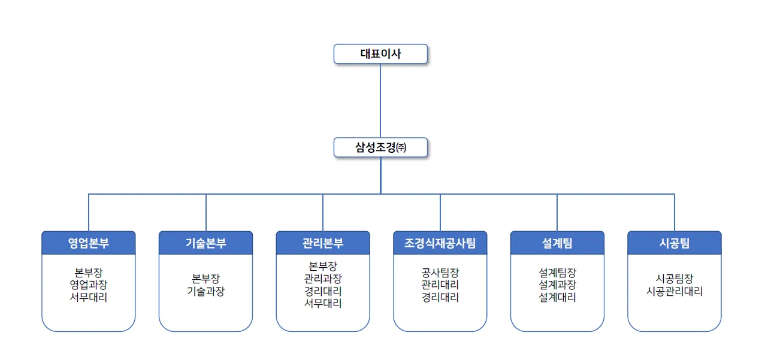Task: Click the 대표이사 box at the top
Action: (380, 54)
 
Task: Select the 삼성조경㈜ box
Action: (380, 147)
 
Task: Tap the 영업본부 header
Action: (89, 243)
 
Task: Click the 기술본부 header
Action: (205, 243)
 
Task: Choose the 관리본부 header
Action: (323, 243)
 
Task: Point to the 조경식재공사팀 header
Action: (440, 243)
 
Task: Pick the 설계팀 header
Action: (557, 243)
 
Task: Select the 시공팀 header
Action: (674, 243)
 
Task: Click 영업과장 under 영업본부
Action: (89, 285)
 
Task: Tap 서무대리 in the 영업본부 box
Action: (89, 297)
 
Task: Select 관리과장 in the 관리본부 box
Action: (323, 278)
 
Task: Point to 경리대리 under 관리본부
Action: (323, 291)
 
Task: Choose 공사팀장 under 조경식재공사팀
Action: (440, 273)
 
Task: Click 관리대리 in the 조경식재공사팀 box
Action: (440, 285)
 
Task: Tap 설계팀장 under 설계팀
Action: (557, 273)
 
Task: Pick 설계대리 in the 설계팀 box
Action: (557, 297)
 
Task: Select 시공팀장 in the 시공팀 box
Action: (674, 279)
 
